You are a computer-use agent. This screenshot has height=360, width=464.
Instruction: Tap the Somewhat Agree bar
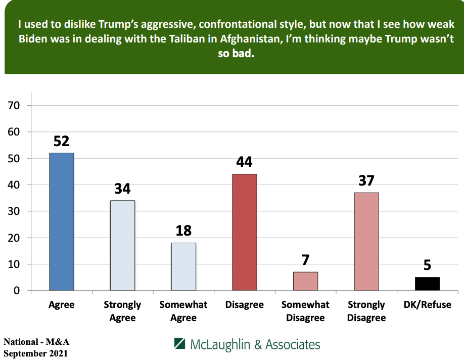183,266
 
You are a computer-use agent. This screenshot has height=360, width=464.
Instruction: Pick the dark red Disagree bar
245,232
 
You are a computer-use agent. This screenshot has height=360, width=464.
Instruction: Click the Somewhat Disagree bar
305,281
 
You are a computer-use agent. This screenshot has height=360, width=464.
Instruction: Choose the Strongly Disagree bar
366,241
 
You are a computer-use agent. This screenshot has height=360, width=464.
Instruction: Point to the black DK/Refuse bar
427,284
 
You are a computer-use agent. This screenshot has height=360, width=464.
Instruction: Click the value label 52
61,141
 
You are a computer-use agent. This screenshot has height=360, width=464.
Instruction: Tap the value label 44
245,162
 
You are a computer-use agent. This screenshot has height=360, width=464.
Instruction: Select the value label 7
305,260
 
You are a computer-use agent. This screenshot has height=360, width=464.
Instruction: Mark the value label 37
366,181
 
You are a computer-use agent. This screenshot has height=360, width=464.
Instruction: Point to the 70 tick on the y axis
13,106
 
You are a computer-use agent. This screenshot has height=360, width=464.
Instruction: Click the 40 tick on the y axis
13,185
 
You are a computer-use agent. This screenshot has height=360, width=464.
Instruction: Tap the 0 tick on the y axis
17,291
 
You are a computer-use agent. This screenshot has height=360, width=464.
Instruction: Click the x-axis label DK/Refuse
428,305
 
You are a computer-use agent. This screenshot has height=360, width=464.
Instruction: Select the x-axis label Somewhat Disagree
305,311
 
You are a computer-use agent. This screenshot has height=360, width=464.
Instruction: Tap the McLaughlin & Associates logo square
180,344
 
